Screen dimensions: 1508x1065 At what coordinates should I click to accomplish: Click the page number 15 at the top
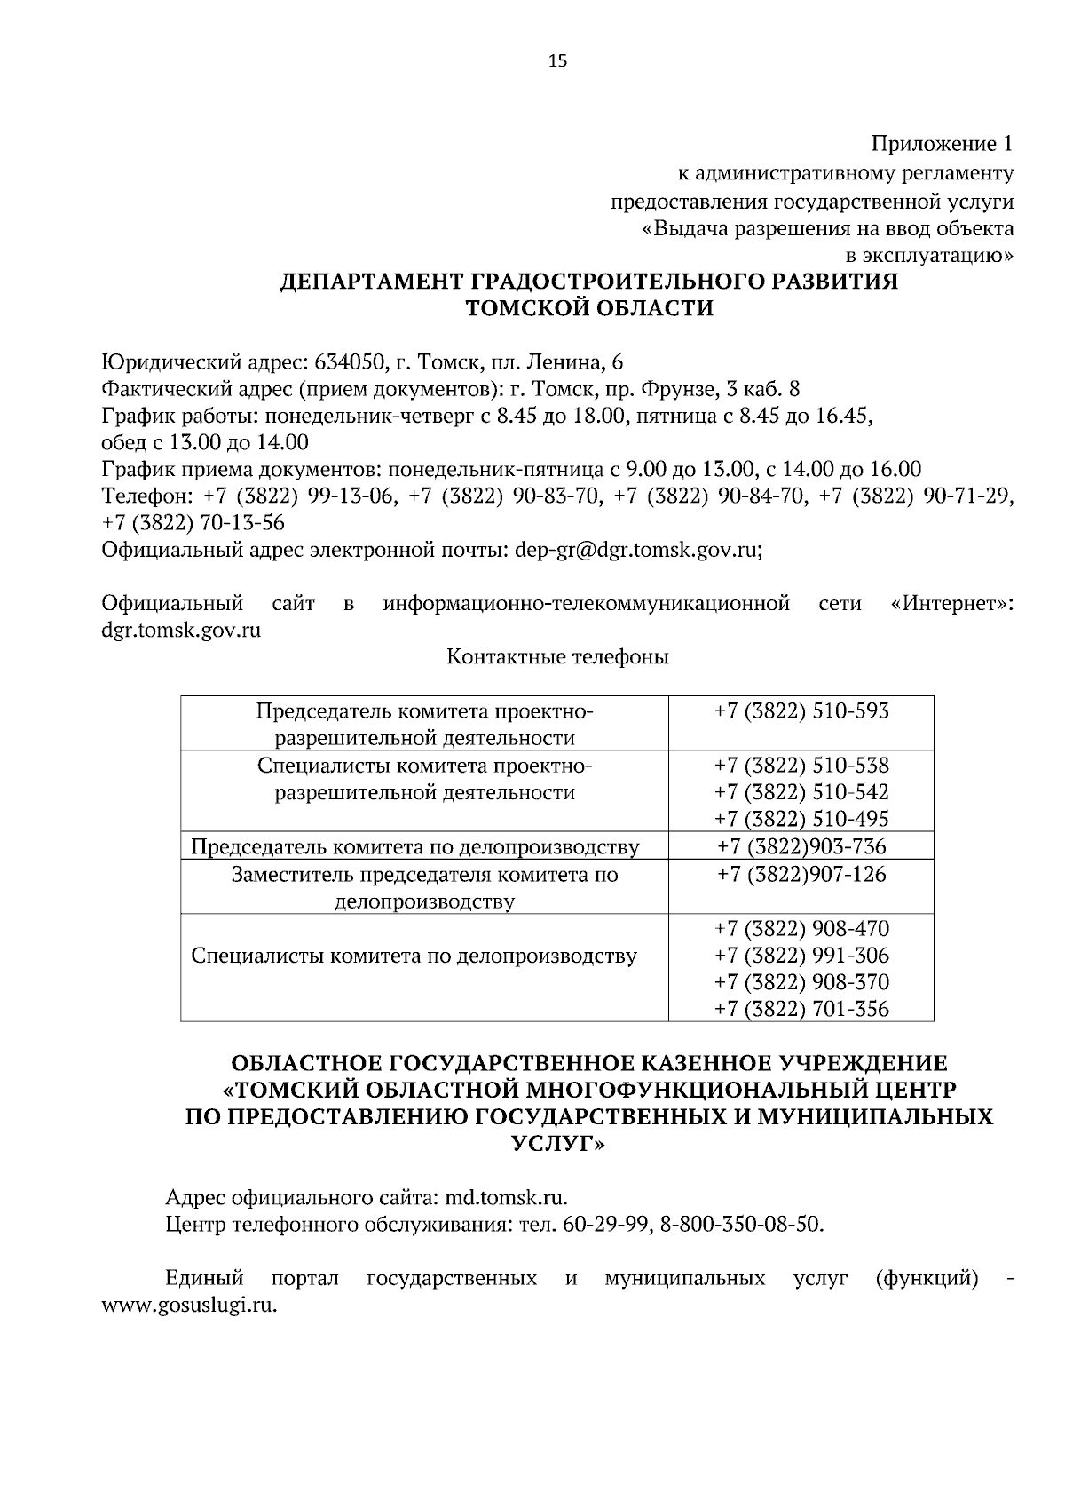(557, 60)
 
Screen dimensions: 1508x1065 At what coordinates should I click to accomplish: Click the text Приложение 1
(942, 143)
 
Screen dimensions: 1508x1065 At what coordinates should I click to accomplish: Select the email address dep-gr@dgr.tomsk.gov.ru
(636, 550)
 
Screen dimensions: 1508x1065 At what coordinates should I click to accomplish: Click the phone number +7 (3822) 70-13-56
(193, 522)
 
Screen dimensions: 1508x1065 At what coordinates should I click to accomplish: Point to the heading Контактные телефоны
(557, 657)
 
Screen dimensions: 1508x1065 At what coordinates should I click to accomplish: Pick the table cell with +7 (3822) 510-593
(801, 711)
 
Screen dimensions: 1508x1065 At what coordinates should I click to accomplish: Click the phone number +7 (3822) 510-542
(801, 792)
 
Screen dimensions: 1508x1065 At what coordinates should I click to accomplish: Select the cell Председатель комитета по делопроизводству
(415, 847)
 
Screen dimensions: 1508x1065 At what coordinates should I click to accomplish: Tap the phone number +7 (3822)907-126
(801, 875)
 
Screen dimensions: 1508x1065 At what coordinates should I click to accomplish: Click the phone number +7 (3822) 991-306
(801, 956)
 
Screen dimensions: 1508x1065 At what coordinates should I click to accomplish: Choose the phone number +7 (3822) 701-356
(801, 1009)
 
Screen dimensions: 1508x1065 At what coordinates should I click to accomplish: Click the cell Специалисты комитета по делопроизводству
(414, 956)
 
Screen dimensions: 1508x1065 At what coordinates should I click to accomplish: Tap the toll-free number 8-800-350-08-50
(742, 1225)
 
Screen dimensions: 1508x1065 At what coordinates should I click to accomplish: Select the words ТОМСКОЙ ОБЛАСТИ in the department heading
(589, 308)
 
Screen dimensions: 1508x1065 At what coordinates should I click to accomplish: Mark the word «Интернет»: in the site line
(951, 605)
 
